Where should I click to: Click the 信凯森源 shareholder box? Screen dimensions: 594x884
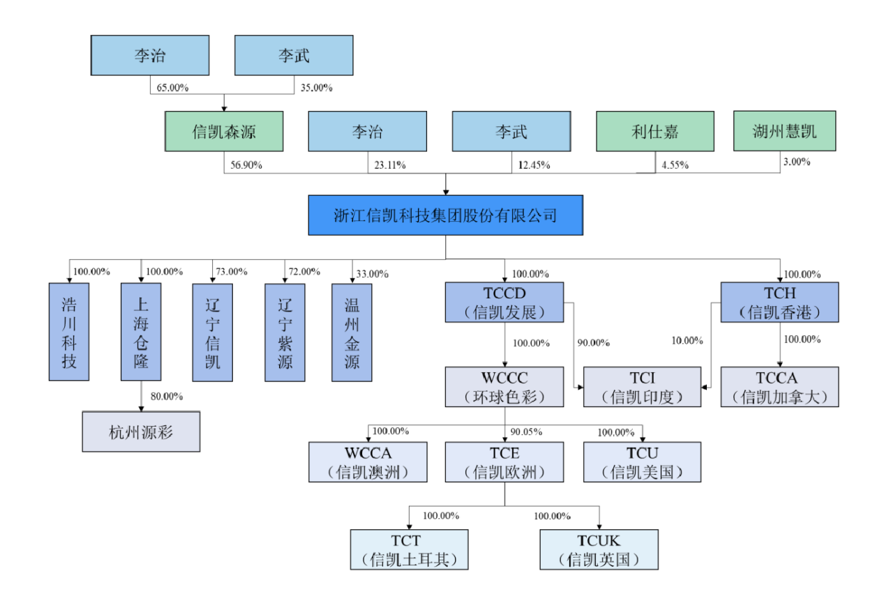(x=224, y=131)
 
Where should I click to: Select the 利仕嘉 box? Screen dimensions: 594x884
(x=654, y=131)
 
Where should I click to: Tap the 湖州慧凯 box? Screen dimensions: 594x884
(x=784, y=131)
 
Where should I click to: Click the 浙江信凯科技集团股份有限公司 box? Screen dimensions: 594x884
(x=445, y=215)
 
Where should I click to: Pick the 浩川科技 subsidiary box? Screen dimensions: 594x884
(x=69, y=332)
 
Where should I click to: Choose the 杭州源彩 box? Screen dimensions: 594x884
(x=141, y=432)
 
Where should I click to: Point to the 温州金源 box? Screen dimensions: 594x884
(x=352, y=332)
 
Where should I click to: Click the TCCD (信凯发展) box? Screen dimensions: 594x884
(x=504, y=302)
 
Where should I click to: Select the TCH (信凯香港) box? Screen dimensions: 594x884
(x=779, y=302)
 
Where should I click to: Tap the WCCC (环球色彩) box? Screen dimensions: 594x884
(x=504, y=387)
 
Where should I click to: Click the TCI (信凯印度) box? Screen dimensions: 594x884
(x=642, y=387)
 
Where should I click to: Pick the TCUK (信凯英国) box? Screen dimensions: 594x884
(x=599, y=549)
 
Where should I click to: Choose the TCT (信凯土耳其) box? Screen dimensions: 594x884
(x=409, y=549)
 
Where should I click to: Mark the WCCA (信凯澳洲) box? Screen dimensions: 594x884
(x=368, y=462)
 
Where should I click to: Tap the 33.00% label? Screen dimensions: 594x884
(x=371, y=274)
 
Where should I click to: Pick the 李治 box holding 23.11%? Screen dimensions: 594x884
(x=367, y=131)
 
